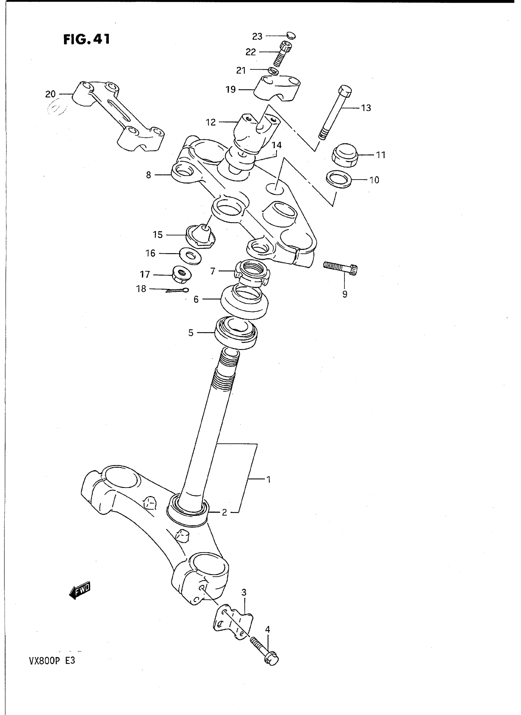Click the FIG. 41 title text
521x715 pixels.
coord(86,40)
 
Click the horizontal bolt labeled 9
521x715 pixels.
coord(340,269)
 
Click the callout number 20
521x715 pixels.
coord(51,94)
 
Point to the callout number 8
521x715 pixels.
coord(149,175)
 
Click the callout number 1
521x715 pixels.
coord(268,480)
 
